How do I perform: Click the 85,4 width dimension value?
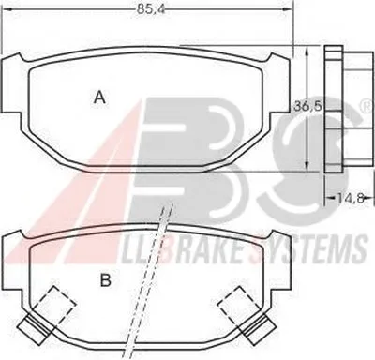point(150,9)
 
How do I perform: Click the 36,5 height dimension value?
point(307,107)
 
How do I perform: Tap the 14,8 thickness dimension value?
point(351,198)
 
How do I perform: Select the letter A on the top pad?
point(99,97)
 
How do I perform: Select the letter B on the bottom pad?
point(106,280)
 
